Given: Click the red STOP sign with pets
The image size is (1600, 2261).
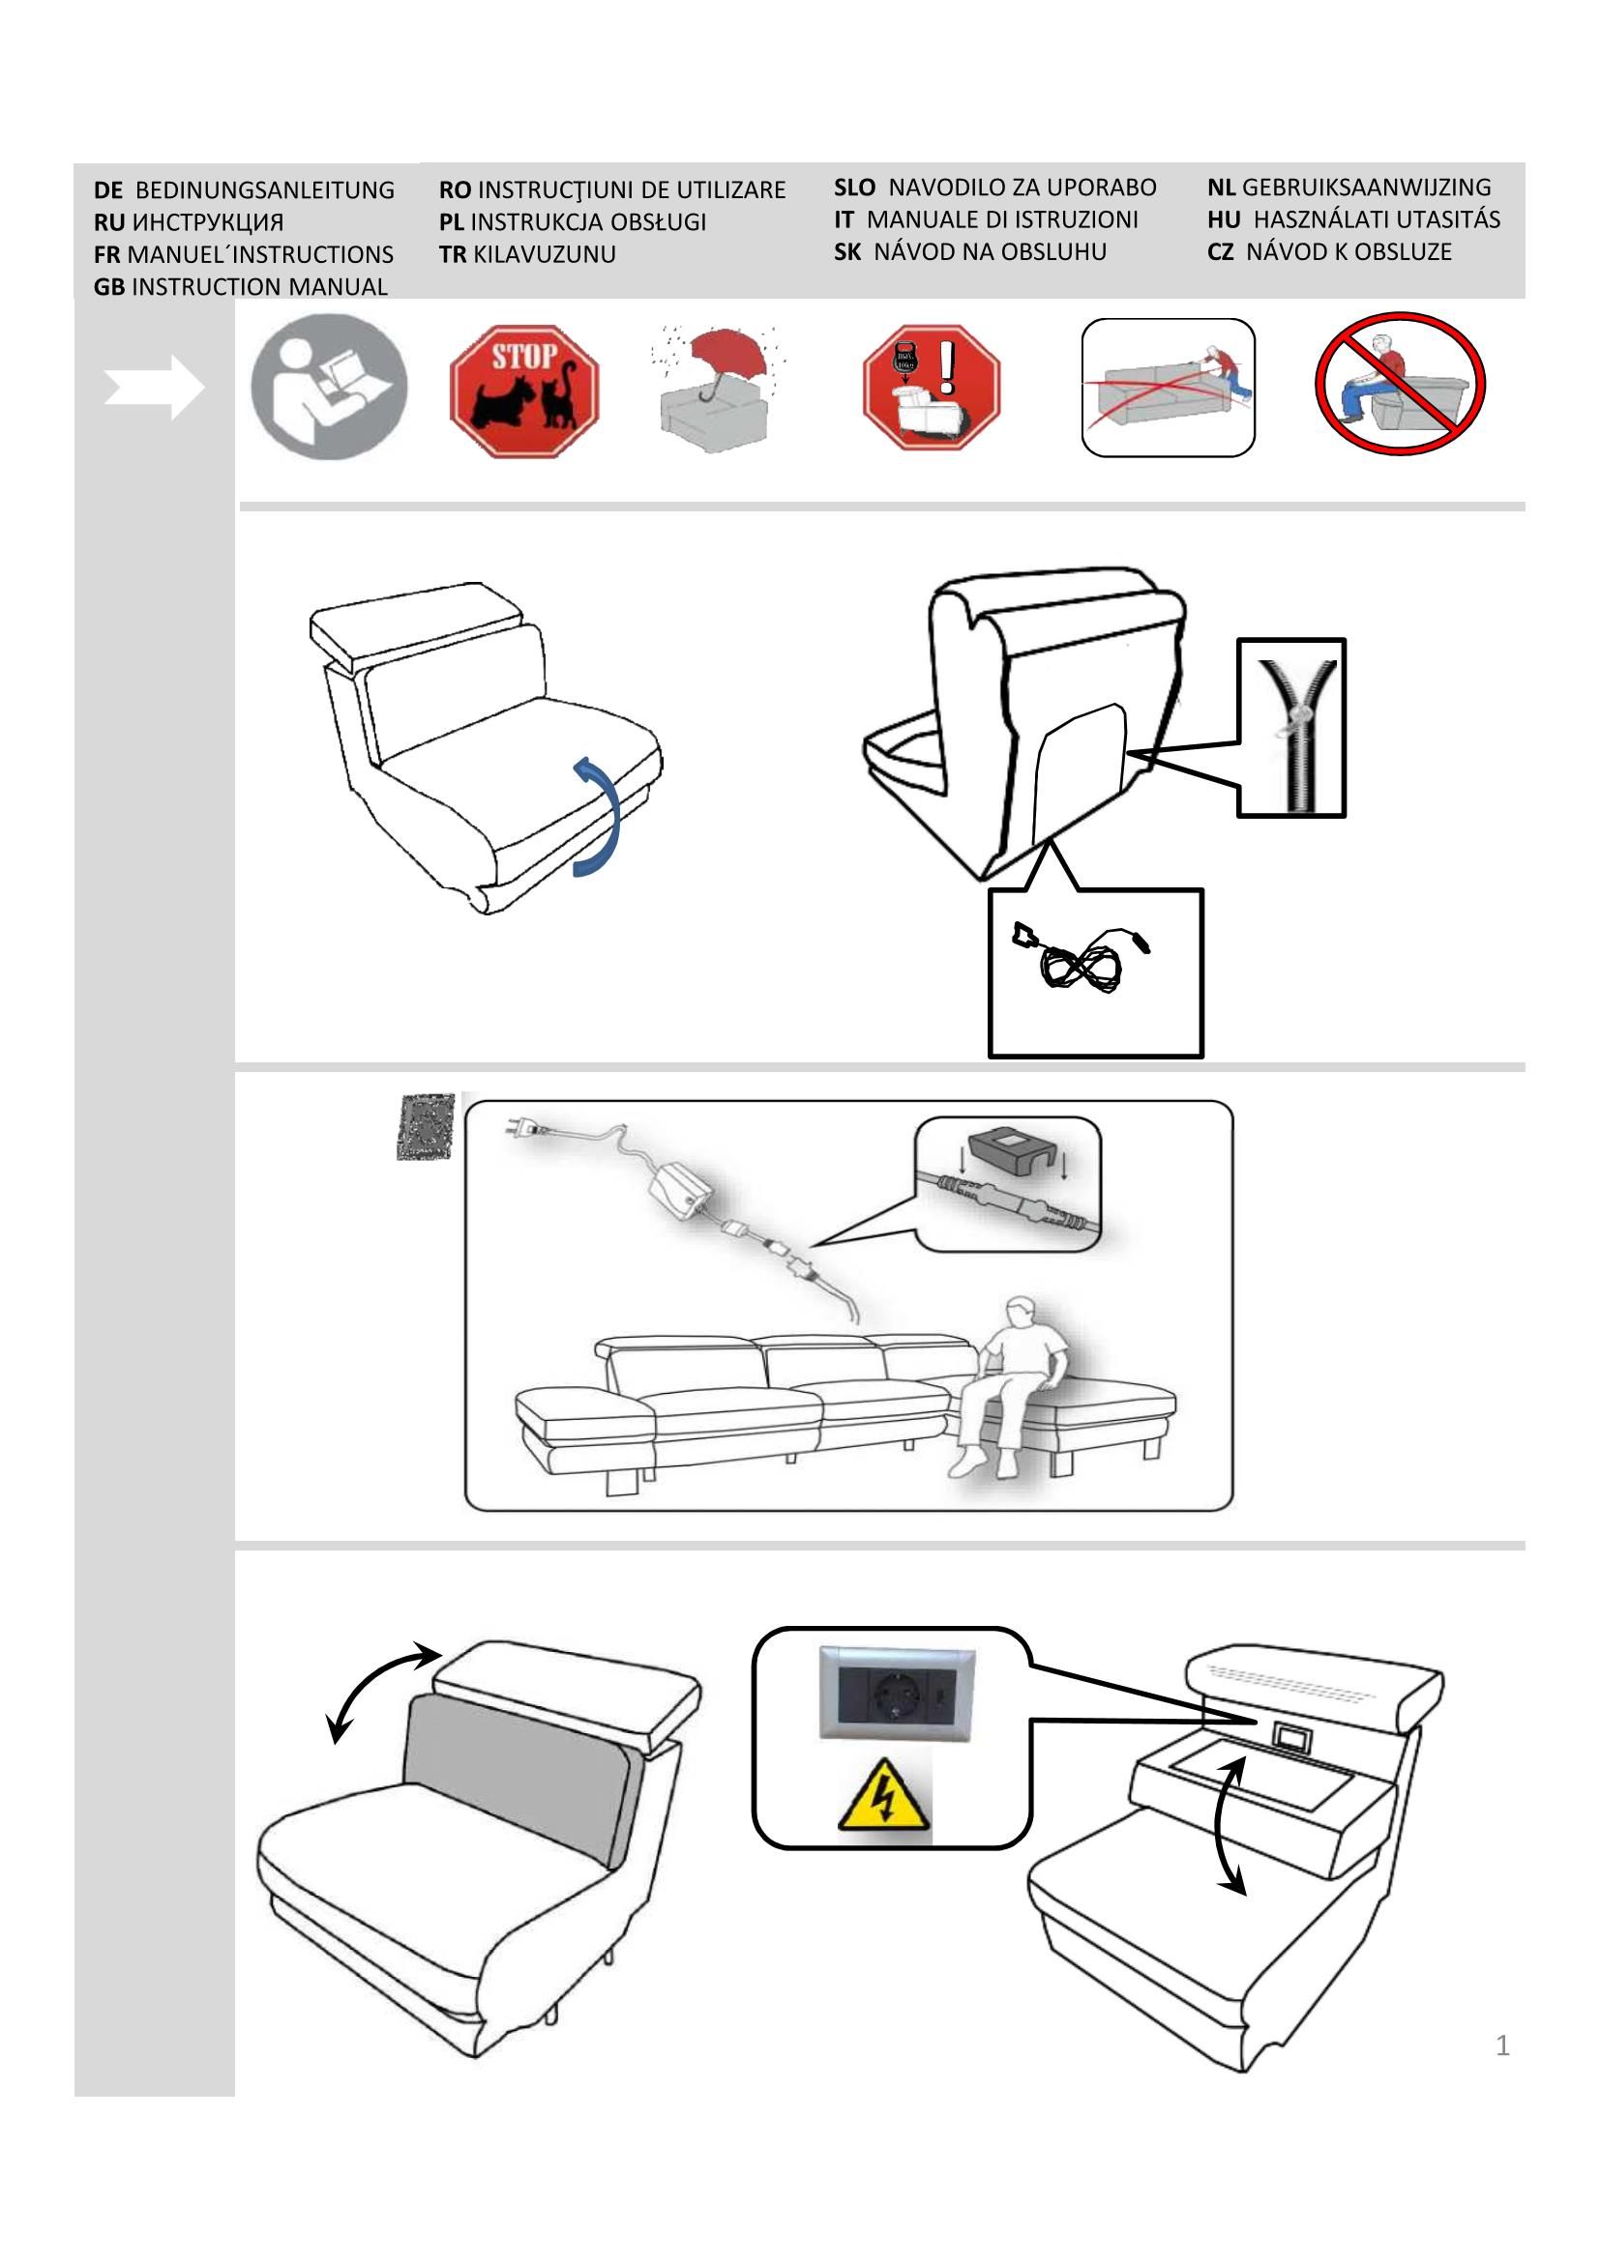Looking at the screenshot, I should pos(524,391).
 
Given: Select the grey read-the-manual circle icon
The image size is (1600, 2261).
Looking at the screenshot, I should pos(329,387).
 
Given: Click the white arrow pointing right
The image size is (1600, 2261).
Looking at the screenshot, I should pos(155,388).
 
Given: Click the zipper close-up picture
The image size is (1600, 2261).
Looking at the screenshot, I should pos(1290,728).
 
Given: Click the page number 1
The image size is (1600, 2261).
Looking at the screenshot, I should pos(1501,2045).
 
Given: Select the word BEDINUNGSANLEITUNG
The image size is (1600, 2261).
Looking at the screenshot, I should pos(264,190).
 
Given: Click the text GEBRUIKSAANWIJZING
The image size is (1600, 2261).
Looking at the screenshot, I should pos(1366,188).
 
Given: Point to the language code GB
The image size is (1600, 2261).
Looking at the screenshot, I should pos(109,286).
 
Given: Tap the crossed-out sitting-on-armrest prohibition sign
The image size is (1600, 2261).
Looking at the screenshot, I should pos(1400,383).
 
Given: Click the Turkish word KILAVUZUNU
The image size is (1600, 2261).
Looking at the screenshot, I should pos(544,254).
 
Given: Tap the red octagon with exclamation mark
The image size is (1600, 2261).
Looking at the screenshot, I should pos(931,387).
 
